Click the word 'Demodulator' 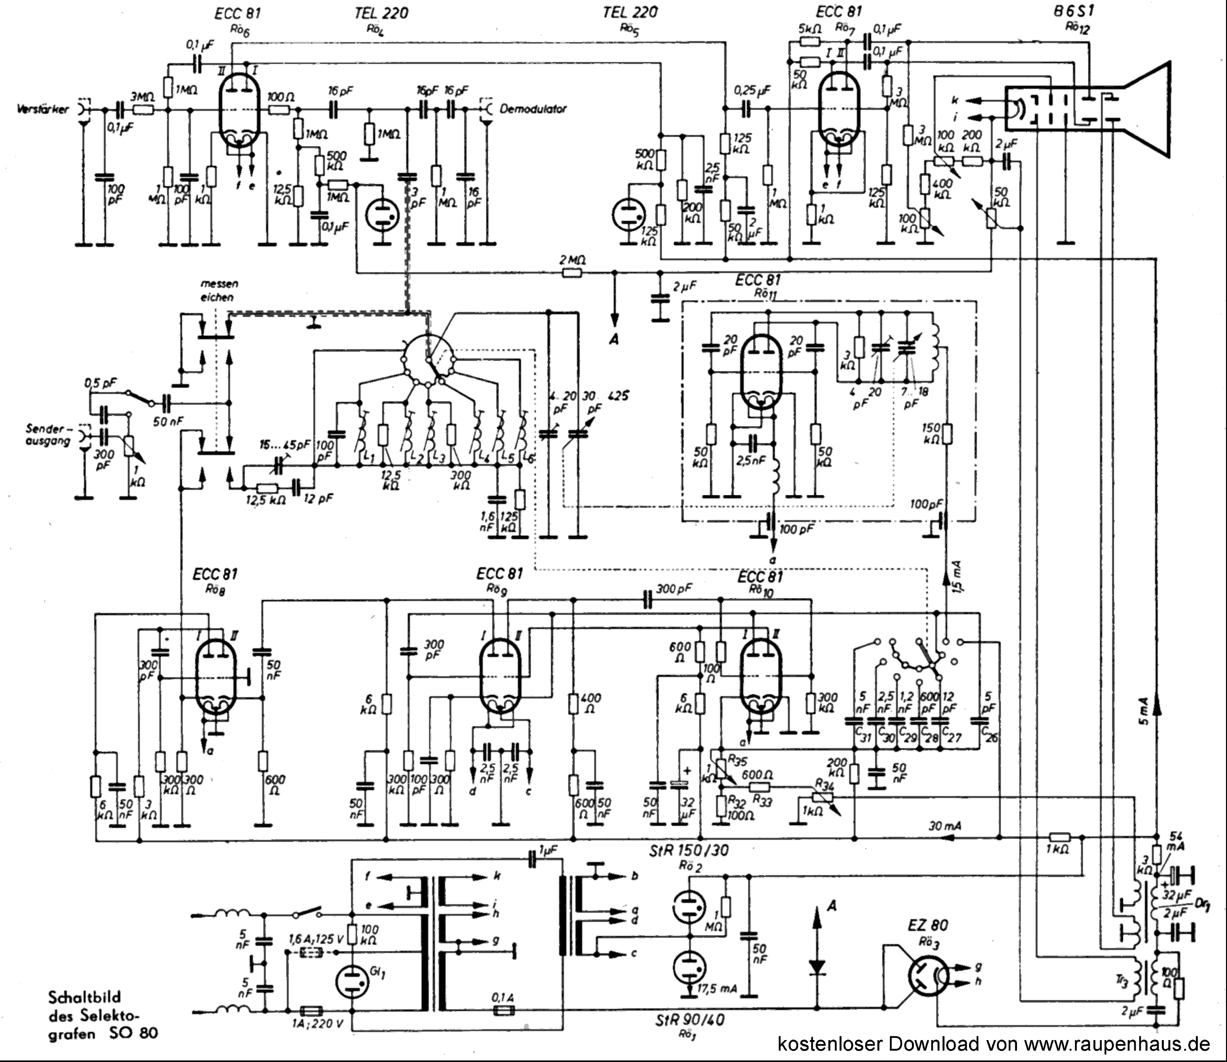coord(533,109)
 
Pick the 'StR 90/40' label coord(690,1019)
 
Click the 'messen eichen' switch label coord(219,290)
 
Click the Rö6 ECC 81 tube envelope coord(242,113)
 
